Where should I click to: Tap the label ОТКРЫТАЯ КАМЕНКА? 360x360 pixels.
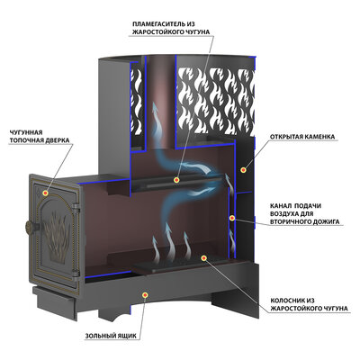pos(302,137)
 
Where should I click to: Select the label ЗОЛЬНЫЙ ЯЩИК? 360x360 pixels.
pos(111,336)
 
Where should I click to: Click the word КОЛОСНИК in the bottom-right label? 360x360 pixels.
pos(286,301)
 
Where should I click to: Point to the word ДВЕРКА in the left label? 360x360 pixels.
pos(55,140)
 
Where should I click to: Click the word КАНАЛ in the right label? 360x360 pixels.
pos(280,206)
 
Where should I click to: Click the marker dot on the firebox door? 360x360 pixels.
pos(45,193)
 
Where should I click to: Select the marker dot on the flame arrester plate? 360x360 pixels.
pos(177,180)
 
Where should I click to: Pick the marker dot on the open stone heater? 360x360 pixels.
pos(243,170)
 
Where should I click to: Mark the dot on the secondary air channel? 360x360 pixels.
pos(232,218)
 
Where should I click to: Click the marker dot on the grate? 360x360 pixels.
pos(203,257)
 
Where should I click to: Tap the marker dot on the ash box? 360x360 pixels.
pos(145,295)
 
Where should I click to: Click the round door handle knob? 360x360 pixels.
pos(30,227)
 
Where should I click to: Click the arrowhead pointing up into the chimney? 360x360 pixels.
pos(156,107)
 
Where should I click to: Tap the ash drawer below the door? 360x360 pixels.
pos(54,303)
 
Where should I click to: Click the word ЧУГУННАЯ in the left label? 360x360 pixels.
pos(26,132)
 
